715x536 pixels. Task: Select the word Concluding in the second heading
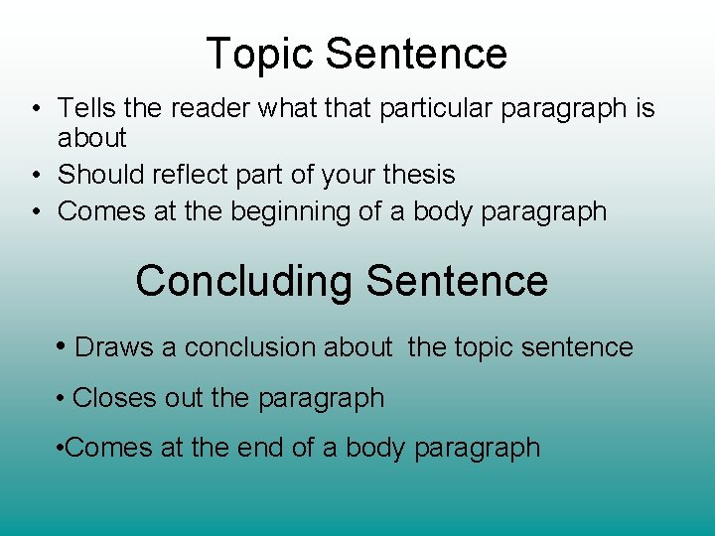pos(243,281)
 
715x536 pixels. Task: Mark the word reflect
pos(198,176)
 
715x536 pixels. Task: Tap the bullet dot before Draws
pos(64,347)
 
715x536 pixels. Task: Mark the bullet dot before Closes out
pos(62,399)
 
